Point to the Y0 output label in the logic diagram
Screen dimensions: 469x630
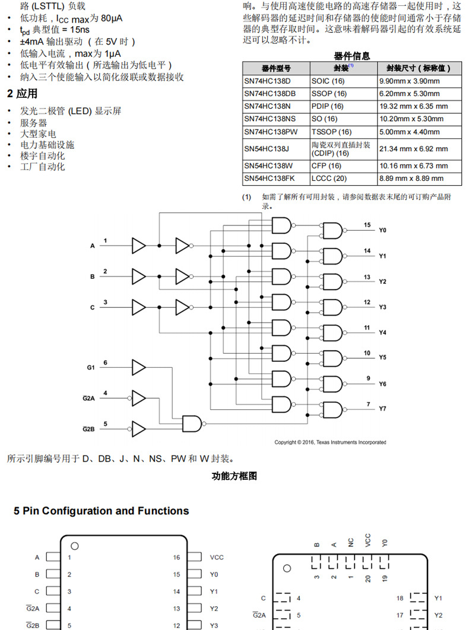[x=382, y=230]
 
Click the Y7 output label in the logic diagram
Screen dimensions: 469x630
[x=382, y=409]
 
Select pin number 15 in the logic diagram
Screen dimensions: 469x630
[x=367, y=225]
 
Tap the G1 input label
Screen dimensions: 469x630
[x=91, y=368]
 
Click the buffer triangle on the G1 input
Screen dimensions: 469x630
[x=138, y=368]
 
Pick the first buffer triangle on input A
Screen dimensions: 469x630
[x=138, y=245]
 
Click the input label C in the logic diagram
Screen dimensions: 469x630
[x=92, y=308]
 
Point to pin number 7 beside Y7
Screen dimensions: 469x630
[x=368, y=405]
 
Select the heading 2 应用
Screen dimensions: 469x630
[x=22, y=94]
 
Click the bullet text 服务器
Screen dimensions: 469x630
[x=34, y=123]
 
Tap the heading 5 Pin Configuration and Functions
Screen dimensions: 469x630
[x=101, y=511]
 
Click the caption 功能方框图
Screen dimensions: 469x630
[x=234, y=476]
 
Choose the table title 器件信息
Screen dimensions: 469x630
[x=351, y=56]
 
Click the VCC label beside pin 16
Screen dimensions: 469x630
[x=217, y=558]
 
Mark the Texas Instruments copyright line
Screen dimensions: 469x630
[x=330, y=442]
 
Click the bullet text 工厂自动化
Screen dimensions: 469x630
[x=43, y=167]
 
